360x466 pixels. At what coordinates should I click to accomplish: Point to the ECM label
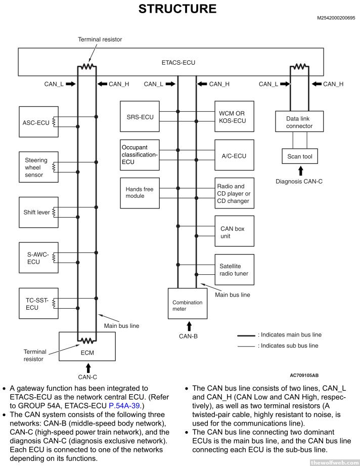(x=87, y=352)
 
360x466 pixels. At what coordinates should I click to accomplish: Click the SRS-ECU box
(x=140, y=117)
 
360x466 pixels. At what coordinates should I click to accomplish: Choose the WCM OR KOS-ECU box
(x=234, y=117)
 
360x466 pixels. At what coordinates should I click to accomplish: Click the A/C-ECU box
(x=234, y=155)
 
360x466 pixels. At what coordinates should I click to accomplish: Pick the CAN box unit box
(x=234, y=232)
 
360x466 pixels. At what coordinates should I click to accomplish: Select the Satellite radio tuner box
(x=234, y=270)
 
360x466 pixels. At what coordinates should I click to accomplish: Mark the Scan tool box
(x=300, y=156)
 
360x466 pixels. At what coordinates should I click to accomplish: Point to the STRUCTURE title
(x=177, y=9)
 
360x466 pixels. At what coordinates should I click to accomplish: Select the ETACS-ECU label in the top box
(x=178, y=63)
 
